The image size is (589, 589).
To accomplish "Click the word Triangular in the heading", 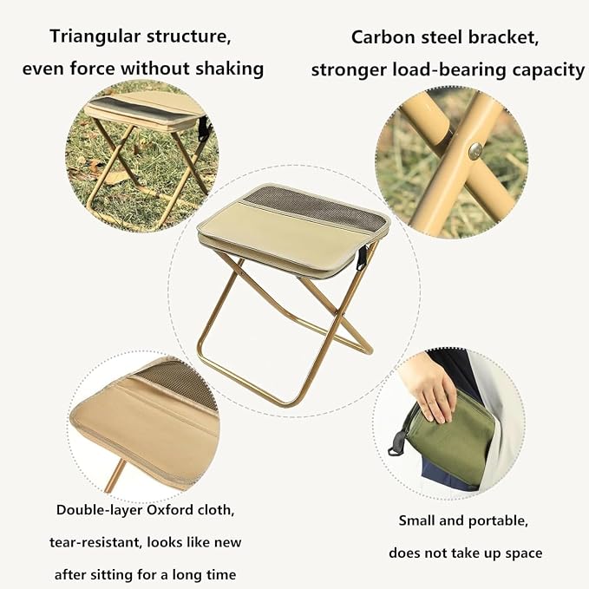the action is click(x=95, y=36).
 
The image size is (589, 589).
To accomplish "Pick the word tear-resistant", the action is click(x=95, y=542).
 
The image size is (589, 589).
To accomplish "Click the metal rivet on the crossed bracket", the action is click(x=475, y=151).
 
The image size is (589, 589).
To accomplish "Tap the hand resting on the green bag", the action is click(x=429, y=389).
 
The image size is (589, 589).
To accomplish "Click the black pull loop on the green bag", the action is click(x=396, y=443).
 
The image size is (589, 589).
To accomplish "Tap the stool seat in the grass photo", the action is click(x=145, y=109).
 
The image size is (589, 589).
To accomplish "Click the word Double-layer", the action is click(x=100, y=510).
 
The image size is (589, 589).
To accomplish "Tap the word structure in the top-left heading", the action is click(x=188, y=36).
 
